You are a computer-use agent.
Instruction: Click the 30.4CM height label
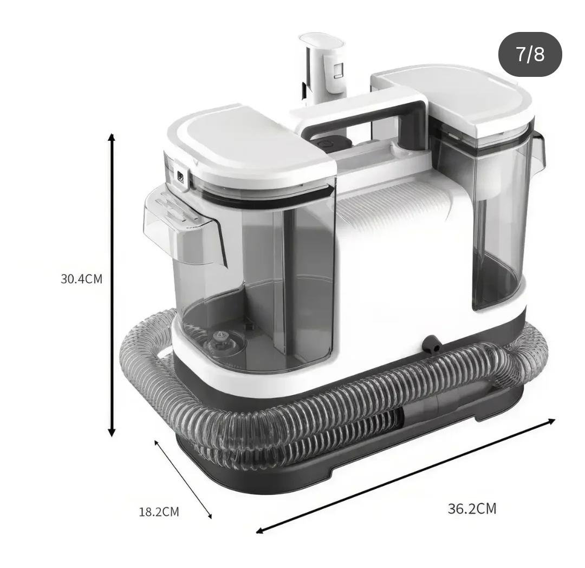click(81, 279)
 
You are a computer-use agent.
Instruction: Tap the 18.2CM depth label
click(159, 512)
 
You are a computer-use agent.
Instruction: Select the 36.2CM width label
click(472, 508)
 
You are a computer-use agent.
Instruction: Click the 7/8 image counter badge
click(530, 55)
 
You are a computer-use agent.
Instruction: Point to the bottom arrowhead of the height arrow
click(111, 432)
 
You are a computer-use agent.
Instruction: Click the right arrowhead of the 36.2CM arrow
click(551, 421)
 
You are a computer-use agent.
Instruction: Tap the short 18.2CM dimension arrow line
click(183, 479)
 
